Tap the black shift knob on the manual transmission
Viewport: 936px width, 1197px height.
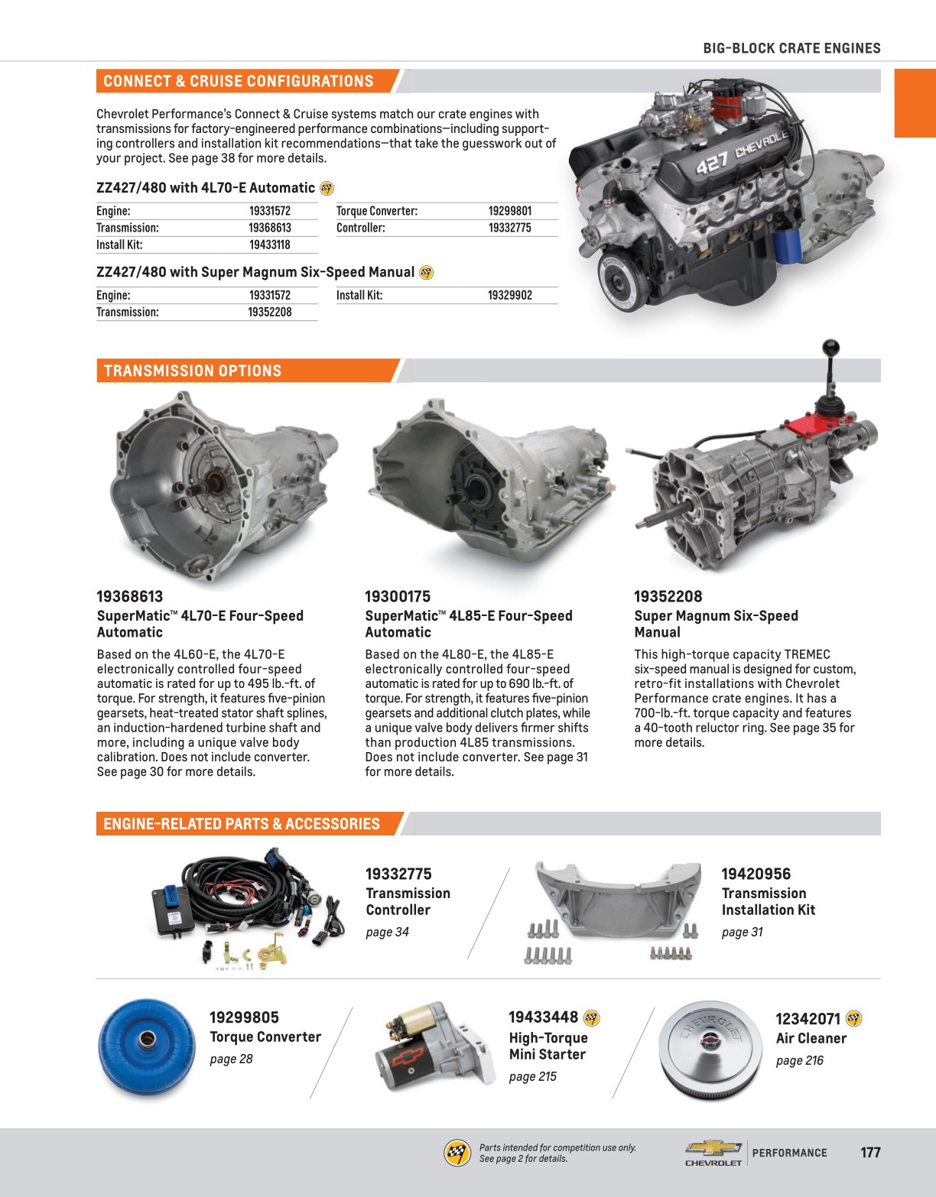(x=828, y=348)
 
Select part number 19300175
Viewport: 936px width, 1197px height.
(x=398, y=597)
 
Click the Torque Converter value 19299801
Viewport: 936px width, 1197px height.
(x=510, y=211)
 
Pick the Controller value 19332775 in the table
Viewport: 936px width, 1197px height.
(x=510, y=228)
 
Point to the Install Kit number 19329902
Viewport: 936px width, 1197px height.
(x=510, y=295)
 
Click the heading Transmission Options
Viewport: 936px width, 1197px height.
(x=193, y=371)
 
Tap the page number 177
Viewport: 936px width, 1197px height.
(x=870, y=1153)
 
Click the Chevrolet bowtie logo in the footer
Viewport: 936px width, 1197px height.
(x=713, y=1148)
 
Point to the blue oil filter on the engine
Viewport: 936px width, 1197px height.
(x=787, y=243)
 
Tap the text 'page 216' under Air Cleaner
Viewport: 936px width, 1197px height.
(x=799, y=1060)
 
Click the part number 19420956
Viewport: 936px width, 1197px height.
(x=756, y=874)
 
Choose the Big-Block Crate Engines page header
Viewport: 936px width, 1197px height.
(x=791, y=48)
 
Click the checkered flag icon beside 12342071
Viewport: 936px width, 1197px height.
(x=854, y=1019)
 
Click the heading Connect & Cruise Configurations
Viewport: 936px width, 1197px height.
(x=239, y=81)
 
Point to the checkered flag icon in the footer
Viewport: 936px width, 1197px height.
(x=457, y=1153)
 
